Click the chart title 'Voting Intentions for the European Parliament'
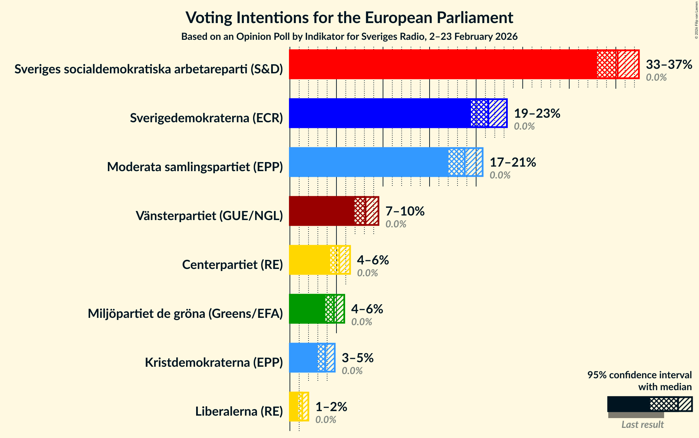(x=349, y=17)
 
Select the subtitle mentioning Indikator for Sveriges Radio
(x=349, y=37)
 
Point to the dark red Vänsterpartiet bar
(x=321, y=211)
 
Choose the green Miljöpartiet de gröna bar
(x=307, y=309)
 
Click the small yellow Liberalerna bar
(x=295, y=407)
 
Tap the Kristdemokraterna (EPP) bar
(x=303, y=358)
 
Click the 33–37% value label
(x=669, y=65)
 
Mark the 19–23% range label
(x=537, y=114)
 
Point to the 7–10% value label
(x=405, y=211)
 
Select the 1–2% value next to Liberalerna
(x=331, y=407)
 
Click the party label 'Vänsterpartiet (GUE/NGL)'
(x=209, y=216)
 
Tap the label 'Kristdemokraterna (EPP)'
(x=214, y=363)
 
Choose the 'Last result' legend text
(x=642, y=424)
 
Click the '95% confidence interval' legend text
(x=639, y=375)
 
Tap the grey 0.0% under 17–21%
(x=500, y=175)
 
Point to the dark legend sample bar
(x=628, y=404)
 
